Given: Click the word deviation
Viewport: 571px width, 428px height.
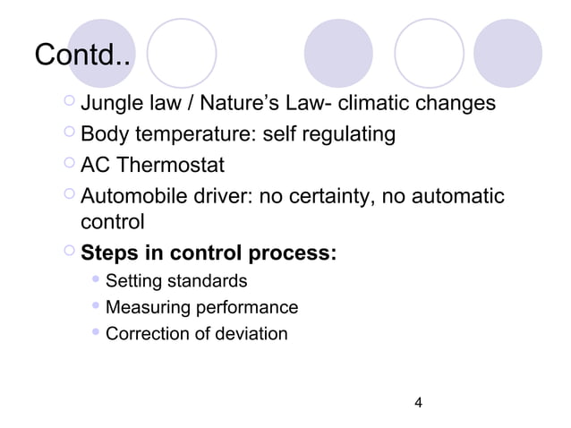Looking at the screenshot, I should pos(256,334).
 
